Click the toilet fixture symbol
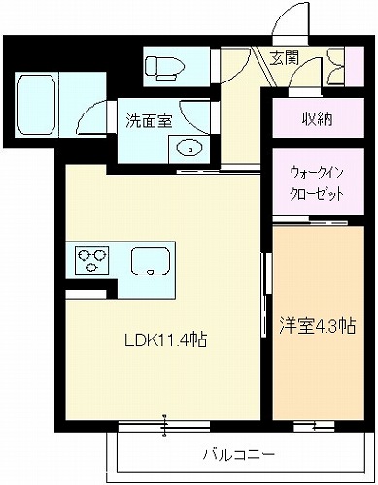click(x=165, y=68)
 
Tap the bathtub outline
click(x=37, y=105)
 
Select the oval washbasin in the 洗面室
click(x=189, y=148)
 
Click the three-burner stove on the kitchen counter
click(x=91, y=260)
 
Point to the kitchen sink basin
click(x=151, y=261)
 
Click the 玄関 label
click(x=284, y=59)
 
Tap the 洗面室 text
click(x=149, y=121)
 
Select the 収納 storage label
click(x=318, y=120)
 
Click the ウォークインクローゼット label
click(x=317, y=183)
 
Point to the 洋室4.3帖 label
click(x=318, y=326)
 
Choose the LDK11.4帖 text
click(x=166, y=340)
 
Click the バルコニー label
click(x=239, y=455)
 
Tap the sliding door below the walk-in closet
click(x=310, y=222)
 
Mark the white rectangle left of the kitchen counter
click(x=86, y=294)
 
